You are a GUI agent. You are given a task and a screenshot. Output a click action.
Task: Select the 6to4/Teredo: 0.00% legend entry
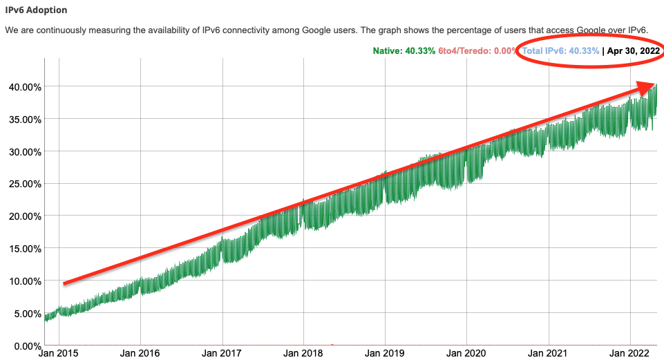(477, 50)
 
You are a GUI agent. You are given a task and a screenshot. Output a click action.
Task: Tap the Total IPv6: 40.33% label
(560, 50)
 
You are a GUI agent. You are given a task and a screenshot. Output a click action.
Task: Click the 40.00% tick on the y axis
(23, 87)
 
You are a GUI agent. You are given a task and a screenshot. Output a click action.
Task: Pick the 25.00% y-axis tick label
(23, 184)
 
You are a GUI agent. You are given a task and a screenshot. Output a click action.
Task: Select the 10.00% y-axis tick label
(23, 281)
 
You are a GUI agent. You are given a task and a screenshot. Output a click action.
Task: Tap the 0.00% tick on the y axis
(25, 345)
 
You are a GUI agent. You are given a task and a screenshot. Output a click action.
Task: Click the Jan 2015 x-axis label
(59, 354)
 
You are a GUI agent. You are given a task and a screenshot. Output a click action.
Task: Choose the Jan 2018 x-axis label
(303, 354)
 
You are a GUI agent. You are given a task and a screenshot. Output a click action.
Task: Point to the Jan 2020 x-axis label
(466, 354)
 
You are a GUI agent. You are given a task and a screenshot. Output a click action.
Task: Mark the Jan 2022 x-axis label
(630, 354)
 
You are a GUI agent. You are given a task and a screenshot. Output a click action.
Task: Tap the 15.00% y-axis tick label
(23, 249)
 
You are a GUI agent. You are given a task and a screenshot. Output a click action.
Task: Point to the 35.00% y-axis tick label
(23, 120)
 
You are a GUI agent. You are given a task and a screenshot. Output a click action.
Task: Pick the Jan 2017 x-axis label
(222, 354)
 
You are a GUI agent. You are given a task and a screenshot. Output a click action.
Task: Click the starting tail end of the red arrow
(64, 283)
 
